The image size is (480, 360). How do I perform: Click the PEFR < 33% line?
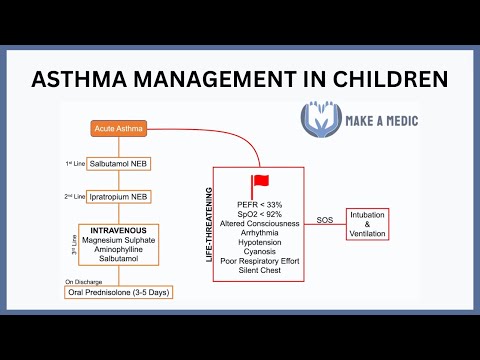click(265, 205)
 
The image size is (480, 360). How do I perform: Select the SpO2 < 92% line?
click(265, 216)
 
